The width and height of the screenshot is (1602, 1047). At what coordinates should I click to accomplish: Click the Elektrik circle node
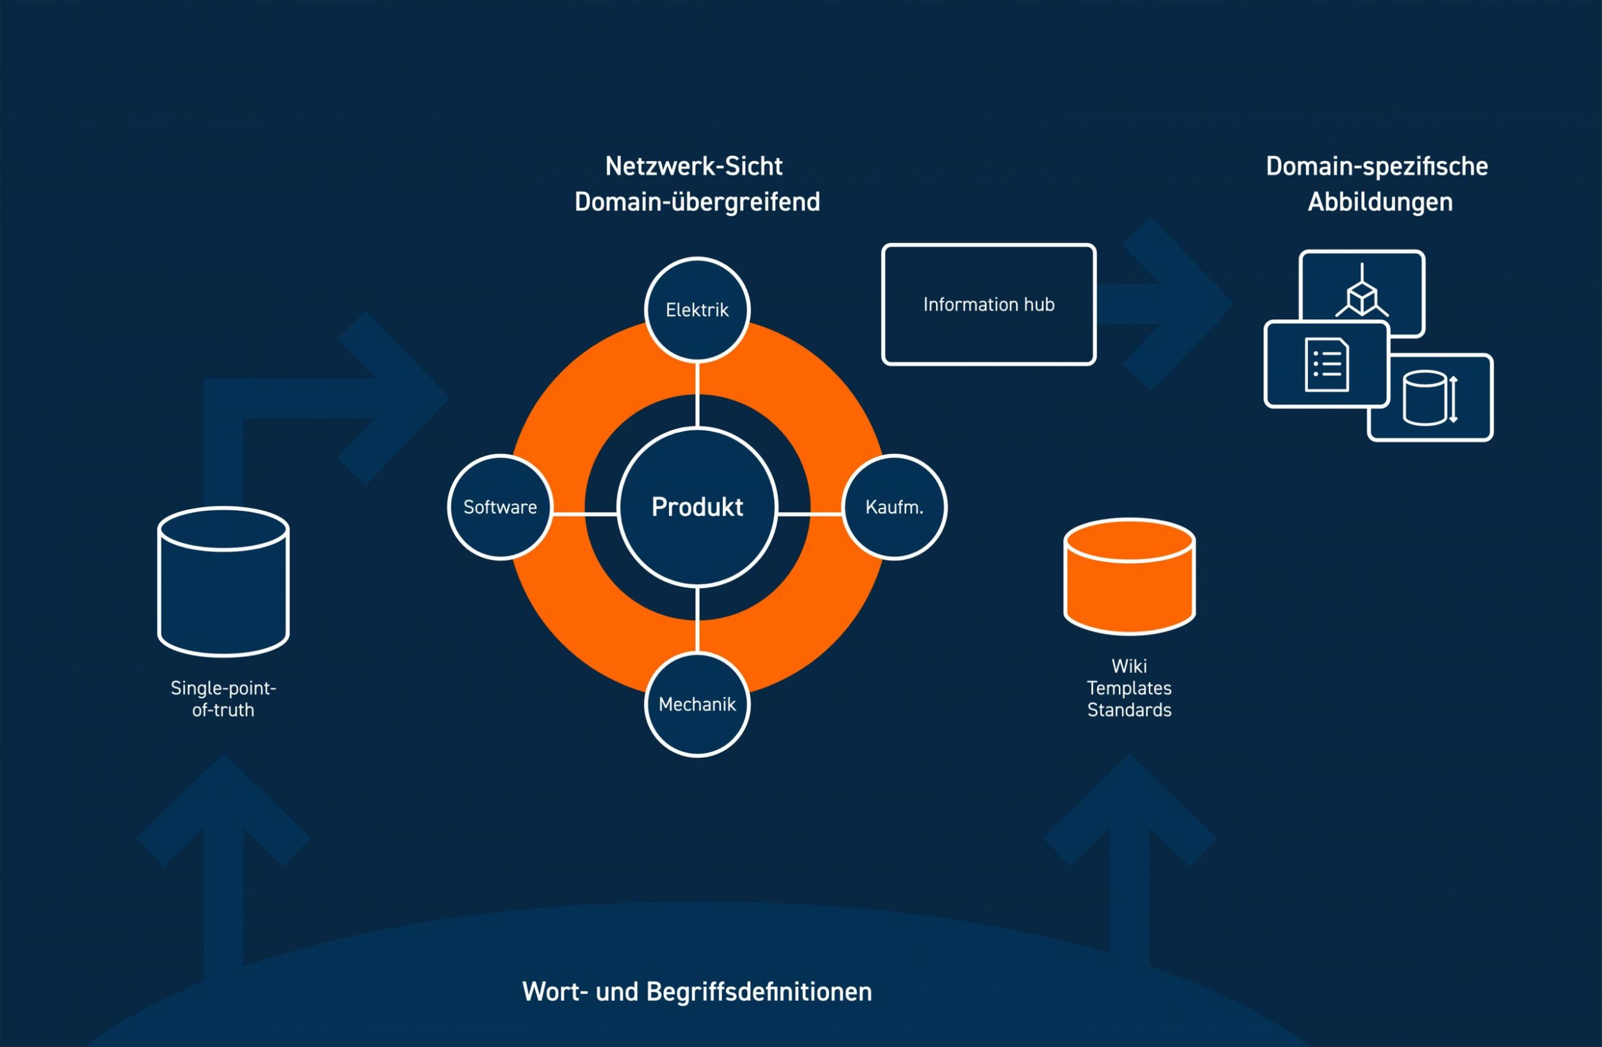click(x=697, y=310)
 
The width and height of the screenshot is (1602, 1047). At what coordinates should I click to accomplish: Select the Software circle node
click(x=500, y=507)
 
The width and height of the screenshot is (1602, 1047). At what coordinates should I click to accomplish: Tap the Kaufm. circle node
click(x=894, y=507)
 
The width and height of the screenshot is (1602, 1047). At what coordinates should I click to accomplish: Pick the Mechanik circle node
click(x=697, y=704)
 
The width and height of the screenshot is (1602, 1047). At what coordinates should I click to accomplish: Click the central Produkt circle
click(x=697, y=507)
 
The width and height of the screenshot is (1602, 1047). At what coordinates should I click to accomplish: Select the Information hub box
click(x=989, y=305)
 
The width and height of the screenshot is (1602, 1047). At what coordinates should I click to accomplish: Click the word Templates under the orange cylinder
click(x=1130, y=688)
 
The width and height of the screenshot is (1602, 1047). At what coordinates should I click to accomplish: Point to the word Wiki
click(x=1130, y=666)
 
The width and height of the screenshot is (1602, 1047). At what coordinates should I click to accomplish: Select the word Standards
click(x=1130, y=710)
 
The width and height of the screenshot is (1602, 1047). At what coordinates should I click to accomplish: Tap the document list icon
click(x=1326, y=364)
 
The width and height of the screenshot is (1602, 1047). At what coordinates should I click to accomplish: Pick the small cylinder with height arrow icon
click(x=1431, y=398)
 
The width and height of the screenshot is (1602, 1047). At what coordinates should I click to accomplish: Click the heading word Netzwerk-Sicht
click(x=693, y=166)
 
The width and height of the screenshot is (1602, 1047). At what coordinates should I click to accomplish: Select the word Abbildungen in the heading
click(x=1380, y=201)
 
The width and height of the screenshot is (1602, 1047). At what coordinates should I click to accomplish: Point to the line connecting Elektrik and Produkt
click(x=697, y=394)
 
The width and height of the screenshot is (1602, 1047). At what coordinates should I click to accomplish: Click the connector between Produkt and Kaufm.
click(x=810, y=514)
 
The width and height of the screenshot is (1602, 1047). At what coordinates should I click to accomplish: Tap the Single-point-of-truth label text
click(x=224, y=699)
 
